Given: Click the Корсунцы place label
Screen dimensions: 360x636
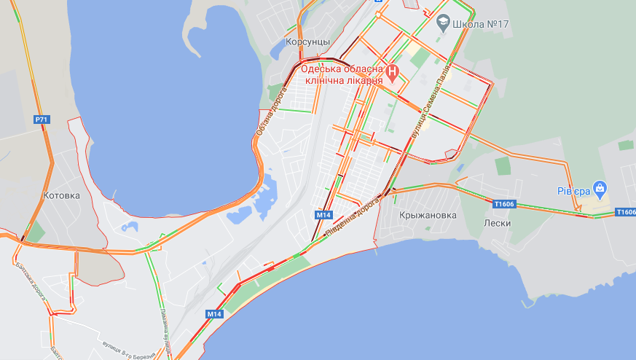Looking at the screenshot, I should (308, 42).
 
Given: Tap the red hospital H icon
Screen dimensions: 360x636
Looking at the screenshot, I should (393, 72).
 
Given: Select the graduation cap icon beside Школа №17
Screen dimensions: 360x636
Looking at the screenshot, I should (442, 23).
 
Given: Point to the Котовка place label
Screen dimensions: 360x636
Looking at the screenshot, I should (61, 195).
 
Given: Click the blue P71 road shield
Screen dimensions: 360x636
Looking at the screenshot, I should (42, 119).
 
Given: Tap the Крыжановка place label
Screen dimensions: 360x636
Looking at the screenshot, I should (428, 215).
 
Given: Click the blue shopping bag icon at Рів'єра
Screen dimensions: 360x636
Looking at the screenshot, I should (600, 188).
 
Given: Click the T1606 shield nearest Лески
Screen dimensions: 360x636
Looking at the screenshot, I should (503, 205).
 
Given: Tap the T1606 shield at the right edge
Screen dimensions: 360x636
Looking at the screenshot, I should (625, 212).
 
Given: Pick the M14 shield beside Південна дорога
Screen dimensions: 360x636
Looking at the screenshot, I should (324, 215).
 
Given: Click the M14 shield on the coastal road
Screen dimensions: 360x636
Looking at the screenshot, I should (213, 313).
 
